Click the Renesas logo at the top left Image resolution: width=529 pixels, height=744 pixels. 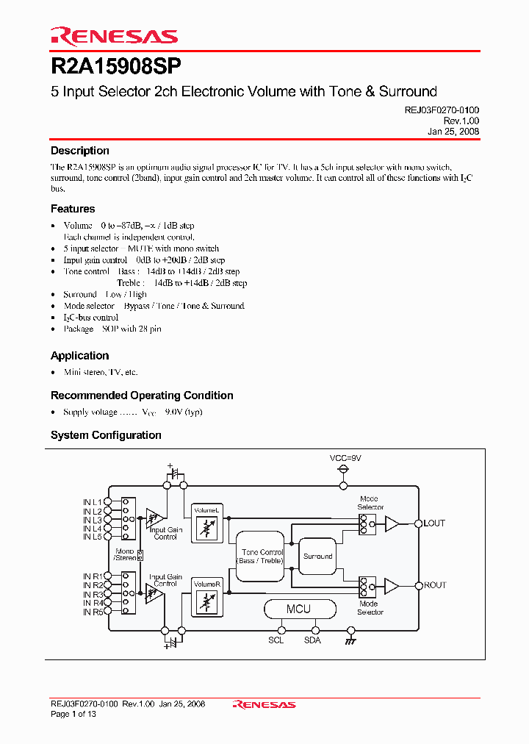point(114,36)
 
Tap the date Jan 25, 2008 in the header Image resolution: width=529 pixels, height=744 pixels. point(453,131)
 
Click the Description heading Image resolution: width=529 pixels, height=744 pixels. point(79,151)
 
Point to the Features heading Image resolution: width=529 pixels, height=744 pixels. point(72,209)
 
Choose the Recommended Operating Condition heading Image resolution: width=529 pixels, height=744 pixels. point(142,396)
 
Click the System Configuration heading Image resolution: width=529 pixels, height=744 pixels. point(106,435)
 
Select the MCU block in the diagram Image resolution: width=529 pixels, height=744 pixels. point(298,609)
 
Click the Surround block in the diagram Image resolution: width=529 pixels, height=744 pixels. point(317,557)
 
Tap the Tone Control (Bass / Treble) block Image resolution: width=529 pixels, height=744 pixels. point(262,557)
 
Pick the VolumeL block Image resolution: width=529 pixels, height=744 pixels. point(206,523)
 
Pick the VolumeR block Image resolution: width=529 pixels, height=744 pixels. point(206,597)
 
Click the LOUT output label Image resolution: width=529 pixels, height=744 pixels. point(434,523)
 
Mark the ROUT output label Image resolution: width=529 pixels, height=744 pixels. point(434,585)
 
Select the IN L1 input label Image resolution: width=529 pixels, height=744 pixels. point(92,502)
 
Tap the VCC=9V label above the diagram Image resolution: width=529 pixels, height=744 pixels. point(345,458)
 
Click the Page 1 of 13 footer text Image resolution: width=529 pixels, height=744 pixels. point(73,714)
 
